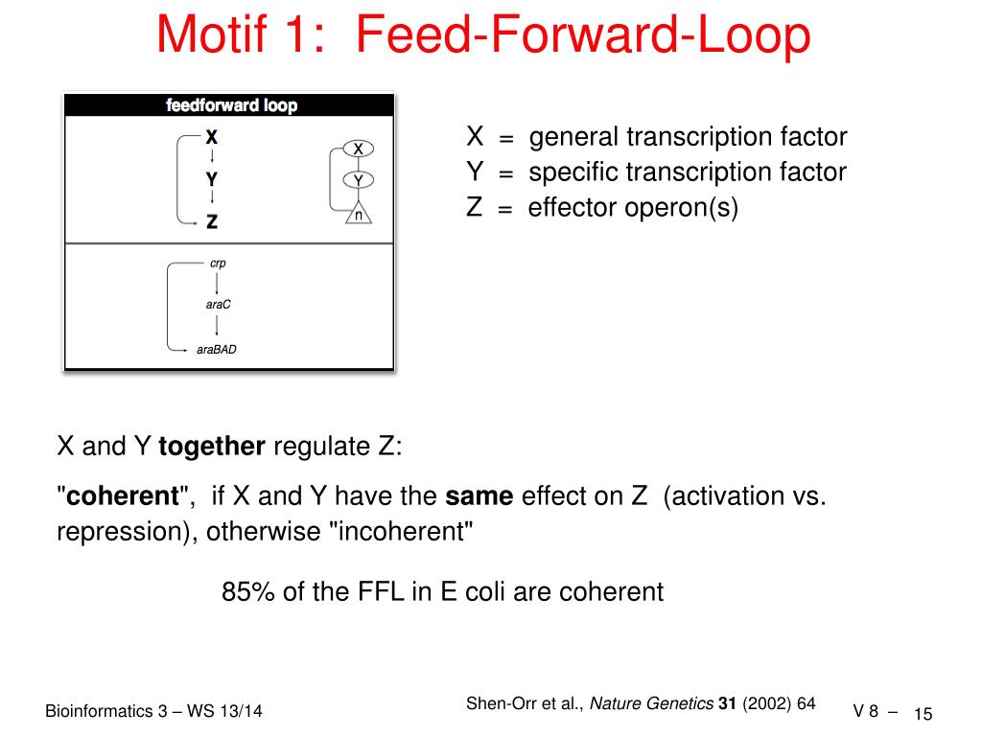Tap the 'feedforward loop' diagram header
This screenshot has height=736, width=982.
tap(231, 105)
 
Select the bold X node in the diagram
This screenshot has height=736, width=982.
tap(211, 137)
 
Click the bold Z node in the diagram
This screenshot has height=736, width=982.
tap(211, 221)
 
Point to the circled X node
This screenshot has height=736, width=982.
tap(358, 149)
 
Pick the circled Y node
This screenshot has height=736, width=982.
tap(358, 180)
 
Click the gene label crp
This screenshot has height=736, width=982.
tap(218, 263)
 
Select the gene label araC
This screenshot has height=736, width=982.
tap(219, 305)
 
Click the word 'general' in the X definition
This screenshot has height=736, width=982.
tap(574, 137)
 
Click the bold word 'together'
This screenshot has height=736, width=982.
tap(212, 446)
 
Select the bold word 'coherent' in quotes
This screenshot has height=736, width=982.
tap(123, 496)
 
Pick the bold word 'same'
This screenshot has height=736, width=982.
tap(479, 496)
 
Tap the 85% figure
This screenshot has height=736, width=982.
tap(249, 592)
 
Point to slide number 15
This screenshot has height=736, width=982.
tap(924, 714)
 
